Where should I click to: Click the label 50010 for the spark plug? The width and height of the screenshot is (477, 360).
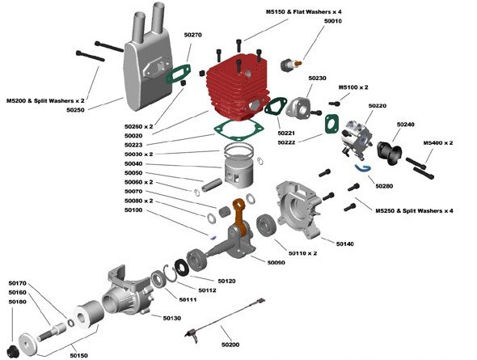click(333, 21)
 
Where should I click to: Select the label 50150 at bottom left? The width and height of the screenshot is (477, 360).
click(78, 354)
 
